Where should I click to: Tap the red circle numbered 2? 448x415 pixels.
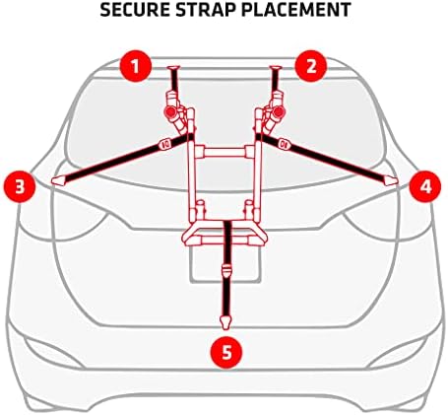312,67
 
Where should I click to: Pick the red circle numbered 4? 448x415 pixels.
425,184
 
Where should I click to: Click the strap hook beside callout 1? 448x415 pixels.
174,70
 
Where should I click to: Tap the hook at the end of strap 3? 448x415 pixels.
60,179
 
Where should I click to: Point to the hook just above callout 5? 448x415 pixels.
225,318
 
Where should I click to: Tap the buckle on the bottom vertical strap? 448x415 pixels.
225,267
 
